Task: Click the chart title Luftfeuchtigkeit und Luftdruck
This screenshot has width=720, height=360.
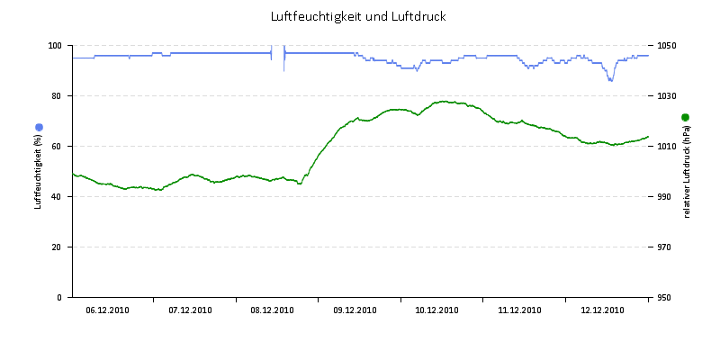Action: pyautogui.click(x=358, y=16)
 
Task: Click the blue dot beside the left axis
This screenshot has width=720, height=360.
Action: pyautogui.click(x=39, y=127)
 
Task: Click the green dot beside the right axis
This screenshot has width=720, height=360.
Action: pyautogui.click(x=685, y=117)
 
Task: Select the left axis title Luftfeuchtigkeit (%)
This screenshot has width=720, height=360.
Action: pyautogui.click(x=39, y=171)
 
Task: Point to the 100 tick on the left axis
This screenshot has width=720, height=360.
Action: pyautogui.click(x=55, y=45)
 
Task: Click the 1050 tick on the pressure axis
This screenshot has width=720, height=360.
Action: pyautogui.click(x=667, y=45)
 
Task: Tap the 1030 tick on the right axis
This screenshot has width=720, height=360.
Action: pyautogui.click(x=667, y=95)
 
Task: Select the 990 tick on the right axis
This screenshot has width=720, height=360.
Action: pyautogui.click(x=665, y=196)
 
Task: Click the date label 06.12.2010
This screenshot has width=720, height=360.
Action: pyautogui.click(x=107, y=310)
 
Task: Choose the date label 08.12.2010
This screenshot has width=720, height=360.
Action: pyautogui.click(x=272, y=310)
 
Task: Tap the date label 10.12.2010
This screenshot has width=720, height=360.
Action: pyautogui.click(x=436, y=310)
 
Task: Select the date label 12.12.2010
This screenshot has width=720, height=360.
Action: pyautogui.click(x=602, y=310)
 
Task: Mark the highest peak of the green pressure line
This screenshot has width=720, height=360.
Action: pyautogui.click(x=444, y=102)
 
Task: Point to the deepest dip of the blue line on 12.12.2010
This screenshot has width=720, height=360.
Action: pyautogui.click(x=610, y=80)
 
